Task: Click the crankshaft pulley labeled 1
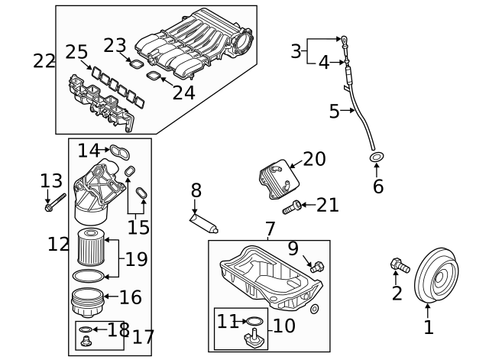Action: pyautogui.click(x=435, y=277)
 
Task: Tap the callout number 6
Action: pyautogui.click(x=378, y=186)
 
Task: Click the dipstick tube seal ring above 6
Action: pyautogui.click(x=377, y=158)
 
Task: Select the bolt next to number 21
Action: pyautogui.click(x=292, y=206)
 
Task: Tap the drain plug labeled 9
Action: pyautogui.click(x=317, y=265)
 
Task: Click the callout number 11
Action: pyautogui.click(x=227, y=321)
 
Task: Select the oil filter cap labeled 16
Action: pyautogui.click(x=88, y=300)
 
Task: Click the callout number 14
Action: pyautogui.click(x=88, y=150)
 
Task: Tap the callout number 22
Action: pyautogui.click(x=44, y=60)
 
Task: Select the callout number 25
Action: pyautogui.click(x=76, y=51)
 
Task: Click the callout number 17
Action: pyautogui.click(x=142, y=336)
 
